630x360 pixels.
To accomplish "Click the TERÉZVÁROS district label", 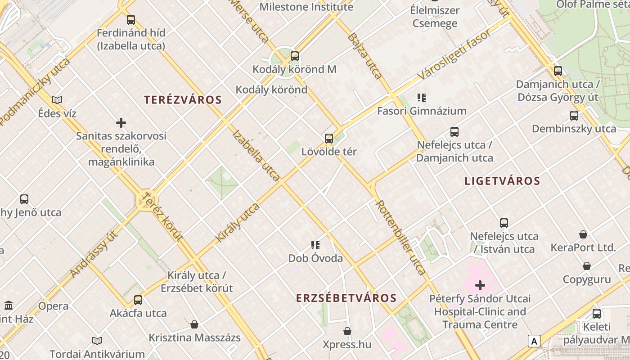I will [183, 100].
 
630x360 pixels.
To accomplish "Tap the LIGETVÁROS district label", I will [502, 181].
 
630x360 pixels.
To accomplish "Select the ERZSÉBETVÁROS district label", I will [346, 298].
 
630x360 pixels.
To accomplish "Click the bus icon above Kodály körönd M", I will [295, 56].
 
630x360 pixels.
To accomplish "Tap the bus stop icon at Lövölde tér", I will [329, 139].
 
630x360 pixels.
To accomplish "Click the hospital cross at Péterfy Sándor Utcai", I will [480, 285].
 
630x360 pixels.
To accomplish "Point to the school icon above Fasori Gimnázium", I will [422, 97].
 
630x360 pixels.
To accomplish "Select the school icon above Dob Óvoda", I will [315, 245].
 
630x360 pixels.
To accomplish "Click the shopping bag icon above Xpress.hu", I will [347, 331].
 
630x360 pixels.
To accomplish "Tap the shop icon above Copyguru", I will [587, 266].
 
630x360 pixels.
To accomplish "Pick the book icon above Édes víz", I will [57, 100].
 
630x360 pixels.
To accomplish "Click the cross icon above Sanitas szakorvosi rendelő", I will [121, 122].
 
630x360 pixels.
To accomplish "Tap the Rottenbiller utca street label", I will [400, 237].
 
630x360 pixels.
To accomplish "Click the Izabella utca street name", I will [256, 155].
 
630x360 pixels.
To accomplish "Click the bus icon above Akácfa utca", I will [138, 300].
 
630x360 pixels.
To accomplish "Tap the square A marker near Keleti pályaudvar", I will [534, 341].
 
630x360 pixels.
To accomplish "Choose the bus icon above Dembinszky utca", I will [574, 115].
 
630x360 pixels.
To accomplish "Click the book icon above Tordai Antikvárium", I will [97, 341].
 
